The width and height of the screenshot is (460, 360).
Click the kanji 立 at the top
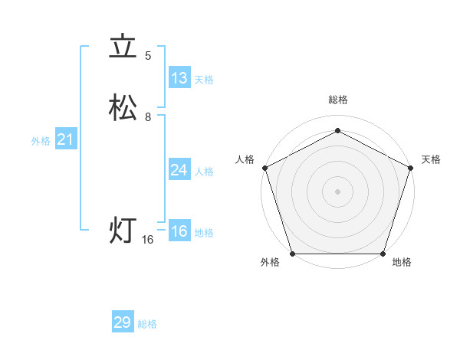(123, 47)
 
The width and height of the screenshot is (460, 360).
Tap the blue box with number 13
(179, 77)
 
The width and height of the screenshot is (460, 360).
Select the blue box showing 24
(179, 169)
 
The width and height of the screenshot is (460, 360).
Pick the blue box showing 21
(65, 139)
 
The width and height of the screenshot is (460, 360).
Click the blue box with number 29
(123, 322)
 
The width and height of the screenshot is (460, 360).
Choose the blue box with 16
(179, 231)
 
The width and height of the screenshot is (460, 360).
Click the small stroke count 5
(148, 56)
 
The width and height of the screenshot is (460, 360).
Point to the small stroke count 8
(148, 117)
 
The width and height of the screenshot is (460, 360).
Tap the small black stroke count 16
(148, 240)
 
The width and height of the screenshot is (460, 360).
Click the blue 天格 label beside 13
(203, 80)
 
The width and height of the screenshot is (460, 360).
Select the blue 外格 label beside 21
(40, 141)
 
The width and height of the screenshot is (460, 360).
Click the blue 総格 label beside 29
(147, 324)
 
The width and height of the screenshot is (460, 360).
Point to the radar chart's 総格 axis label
(337, 100)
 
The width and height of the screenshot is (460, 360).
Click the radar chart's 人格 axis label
(245, 159)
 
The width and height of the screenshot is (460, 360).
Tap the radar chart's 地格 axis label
(402, 263)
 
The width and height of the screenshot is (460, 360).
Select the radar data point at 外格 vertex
(293, 253)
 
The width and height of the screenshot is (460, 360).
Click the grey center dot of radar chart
(337, 191)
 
